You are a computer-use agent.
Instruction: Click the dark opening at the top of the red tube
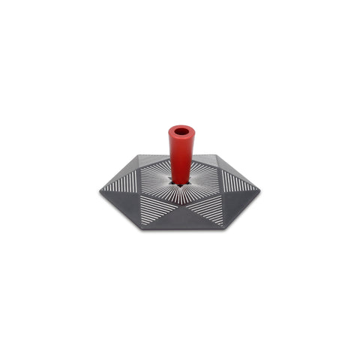pos(181,131)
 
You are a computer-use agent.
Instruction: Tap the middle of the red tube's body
pos(181,155)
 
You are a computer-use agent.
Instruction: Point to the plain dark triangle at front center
pos(180,217)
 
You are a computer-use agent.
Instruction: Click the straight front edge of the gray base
pos(180,228)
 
